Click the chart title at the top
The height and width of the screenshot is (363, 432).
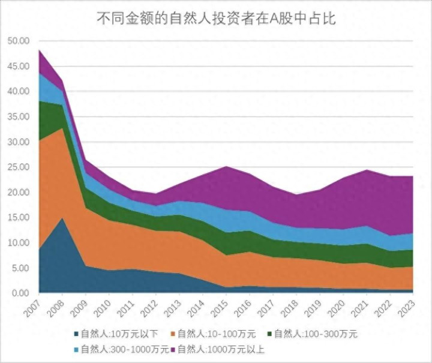[x=216, y=19]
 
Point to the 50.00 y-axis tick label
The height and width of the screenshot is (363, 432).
[x=18, y=41]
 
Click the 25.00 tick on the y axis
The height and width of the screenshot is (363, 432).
[x=18, y=167]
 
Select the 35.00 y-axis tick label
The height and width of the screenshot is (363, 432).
[x=18, y=116]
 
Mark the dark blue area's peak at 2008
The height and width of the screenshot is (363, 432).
[x=62, y=218]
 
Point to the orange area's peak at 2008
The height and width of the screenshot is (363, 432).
[x=62, y=128]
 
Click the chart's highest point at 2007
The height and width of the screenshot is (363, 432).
[x=40, y=50]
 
